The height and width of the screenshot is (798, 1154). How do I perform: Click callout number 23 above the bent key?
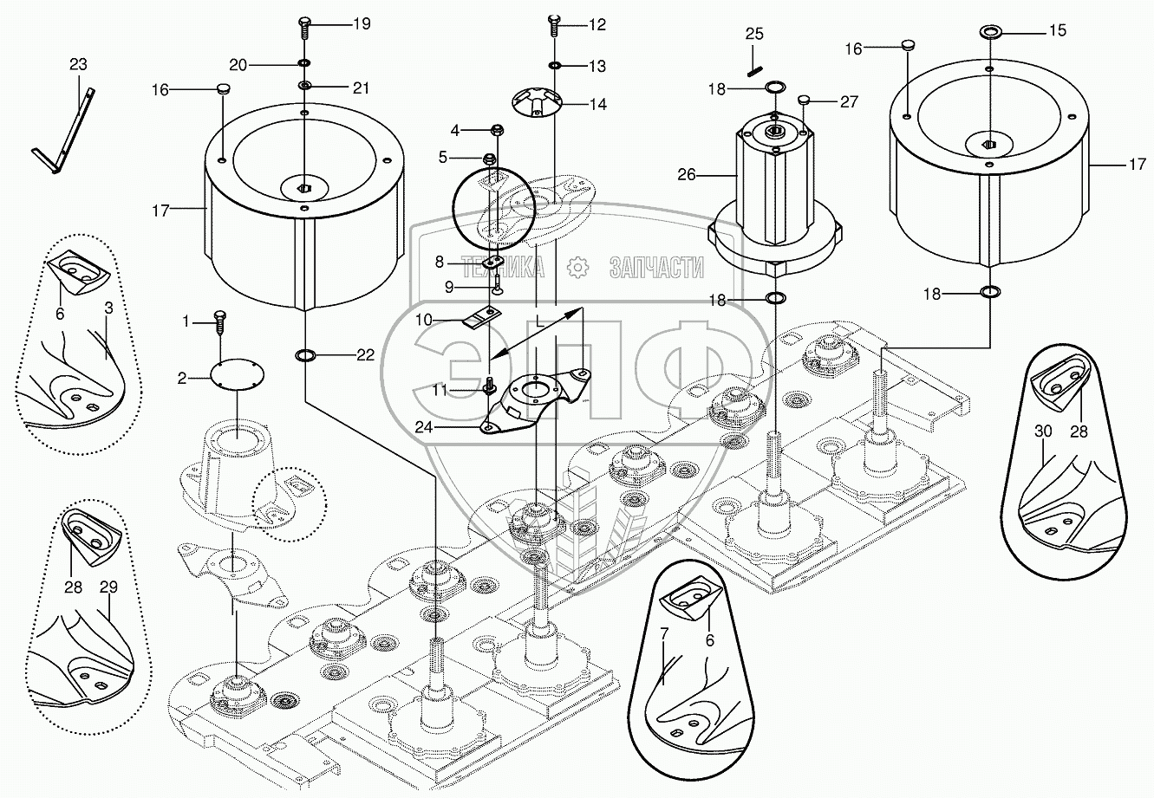[78, 65]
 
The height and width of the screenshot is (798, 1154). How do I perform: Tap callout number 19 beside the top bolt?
[362, 24]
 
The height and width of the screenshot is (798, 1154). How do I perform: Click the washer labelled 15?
[989, 33]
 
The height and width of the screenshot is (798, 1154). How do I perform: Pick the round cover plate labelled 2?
[238, 376]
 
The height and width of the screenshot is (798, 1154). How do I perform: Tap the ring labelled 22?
[306, 354]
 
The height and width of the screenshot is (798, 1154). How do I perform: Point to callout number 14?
[598, 104]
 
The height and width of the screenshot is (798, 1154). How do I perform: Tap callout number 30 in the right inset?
[1043, 431]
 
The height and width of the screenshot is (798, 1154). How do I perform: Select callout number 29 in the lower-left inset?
[108, 587]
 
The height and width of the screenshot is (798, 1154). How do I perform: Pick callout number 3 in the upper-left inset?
[108, 308]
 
